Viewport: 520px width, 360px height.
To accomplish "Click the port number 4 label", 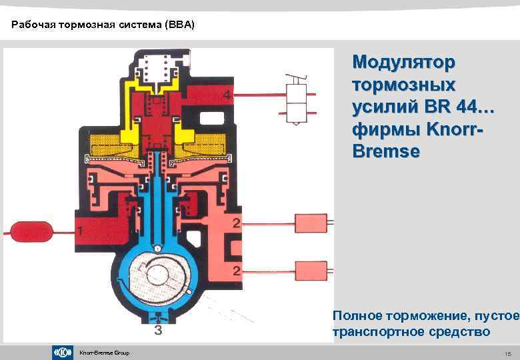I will pos(227,95).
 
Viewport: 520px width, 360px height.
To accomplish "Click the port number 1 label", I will pos(80,231).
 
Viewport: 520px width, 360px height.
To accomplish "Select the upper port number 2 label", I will pos(236,221).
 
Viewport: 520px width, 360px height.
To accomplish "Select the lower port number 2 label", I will pos(236,270).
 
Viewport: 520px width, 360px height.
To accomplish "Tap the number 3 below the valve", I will pos(158,329).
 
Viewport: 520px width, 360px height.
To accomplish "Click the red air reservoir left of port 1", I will pos(30,231).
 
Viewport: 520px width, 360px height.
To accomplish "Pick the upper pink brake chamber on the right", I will pos(310,222).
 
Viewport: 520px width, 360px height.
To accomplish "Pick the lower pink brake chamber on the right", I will pos(310,270).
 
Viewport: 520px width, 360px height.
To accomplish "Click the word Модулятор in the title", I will pos(404,63).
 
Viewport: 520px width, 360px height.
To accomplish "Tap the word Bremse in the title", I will pos(386,151).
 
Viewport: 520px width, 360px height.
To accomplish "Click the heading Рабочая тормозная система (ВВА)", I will pos(103,25).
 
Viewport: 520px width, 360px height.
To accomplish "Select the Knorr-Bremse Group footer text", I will pos(104,353).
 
